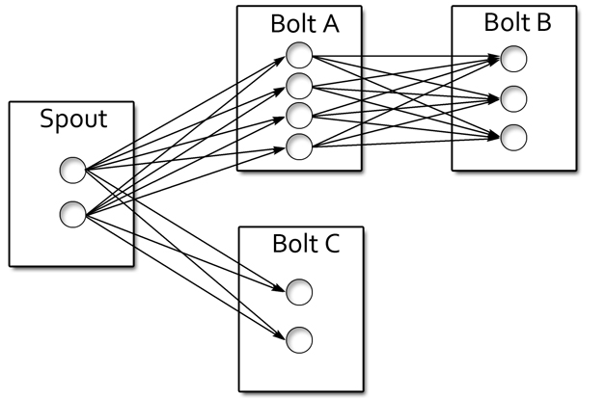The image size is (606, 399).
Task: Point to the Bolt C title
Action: pos(305,242)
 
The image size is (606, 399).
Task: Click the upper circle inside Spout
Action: pos(72,172)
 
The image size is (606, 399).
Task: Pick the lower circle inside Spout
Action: pos(72,213)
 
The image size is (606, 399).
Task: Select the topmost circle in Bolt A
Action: pos(300,54)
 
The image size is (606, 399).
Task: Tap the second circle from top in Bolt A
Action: pos(300,84)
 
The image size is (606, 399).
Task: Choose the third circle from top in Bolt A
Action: pos(300,115)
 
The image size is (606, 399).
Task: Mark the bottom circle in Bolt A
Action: pos(300,146)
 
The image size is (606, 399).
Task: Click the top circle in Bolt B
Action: pos(513,60)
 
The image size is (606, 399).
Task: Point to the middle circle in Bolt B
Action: pos(513,97)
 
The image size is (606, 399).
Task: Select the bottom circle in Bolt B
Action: pos(513,136)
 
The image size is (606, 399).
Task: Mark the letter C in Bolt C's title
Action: pos(330,242)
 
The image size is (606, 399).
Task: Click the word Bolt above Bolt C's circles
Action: pos(292,242)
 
